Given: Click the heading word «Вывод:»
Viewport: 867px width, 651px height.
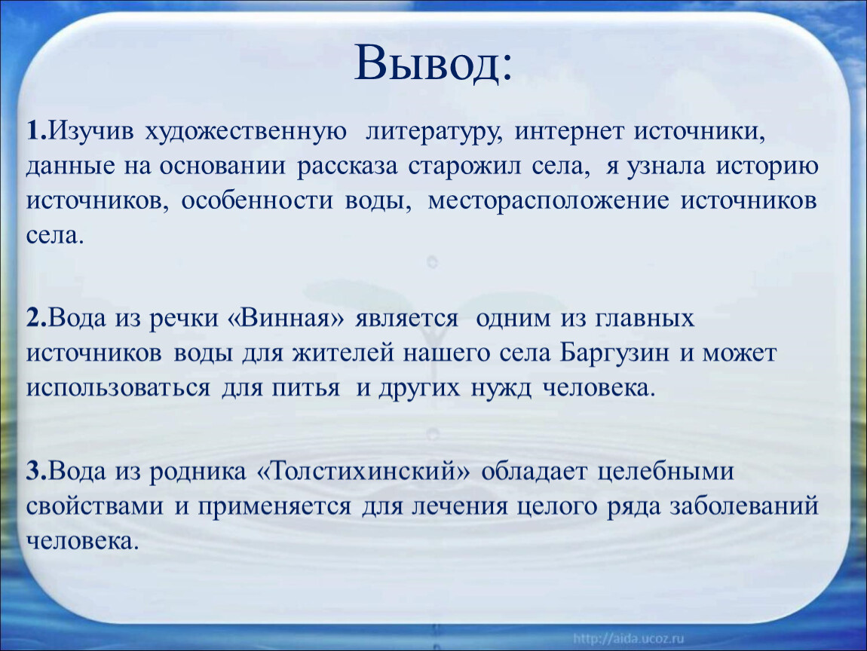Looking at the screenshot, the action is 433,63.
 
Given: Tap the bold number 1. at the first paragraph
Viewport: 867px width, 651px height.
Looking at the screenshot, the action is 36,132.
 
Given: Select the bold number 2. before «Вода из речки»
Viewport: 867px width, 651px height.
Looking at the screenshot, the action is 37,318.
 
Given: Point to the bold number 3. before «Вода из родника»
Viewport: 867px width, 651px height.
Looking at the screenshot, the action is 37,472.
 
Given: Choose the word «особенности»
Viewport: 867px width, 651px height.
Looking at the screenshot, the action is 258,201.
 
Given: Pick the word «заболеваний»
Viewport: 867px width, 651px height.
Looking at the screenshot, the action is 743,507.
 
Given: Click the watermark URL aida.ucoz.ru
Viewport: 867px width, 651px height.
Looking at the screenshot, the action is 629,639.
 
